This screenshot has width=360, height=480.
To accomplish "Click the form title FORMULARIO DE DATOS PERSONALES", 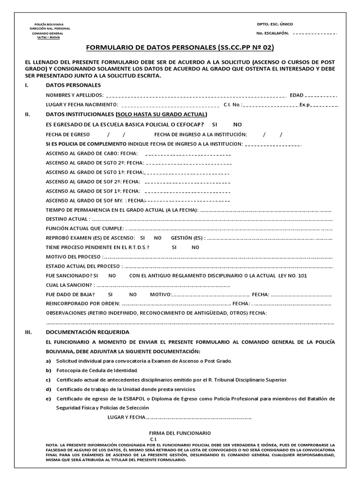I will coord(180,48).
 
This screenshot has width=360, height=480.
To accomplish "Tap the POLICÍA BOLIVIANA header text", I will coord(49,24).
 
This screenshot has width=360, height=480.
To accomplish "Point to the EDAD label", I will coord(297,95).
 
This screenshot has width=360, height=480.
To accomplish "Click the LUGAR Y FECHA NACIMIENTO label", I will coord(82,105).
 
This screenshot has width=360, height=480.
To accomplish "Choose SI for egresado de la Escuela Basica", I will coord(215,124).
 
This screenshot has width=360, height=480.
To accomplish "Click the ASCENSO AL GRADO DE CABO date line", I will coord(188,154).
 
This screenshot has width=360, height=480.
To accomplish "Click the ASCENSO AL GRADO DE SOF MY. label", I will coord(89,201).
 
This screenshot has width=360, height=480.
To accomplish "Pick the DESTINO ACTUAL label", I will coord(67,219).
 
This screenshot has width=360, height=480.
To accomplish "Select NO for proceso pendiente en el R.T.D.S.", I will coord(195,247).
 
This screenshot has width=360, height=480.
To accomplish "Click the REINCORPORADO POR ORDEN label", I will coord(83,304).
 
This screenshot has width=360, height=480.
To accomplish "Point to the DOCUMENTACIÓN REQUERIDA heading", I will coord(87,332).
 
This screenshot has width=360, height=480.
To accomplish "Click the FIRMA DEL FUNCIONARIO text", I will coord(180,433).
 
